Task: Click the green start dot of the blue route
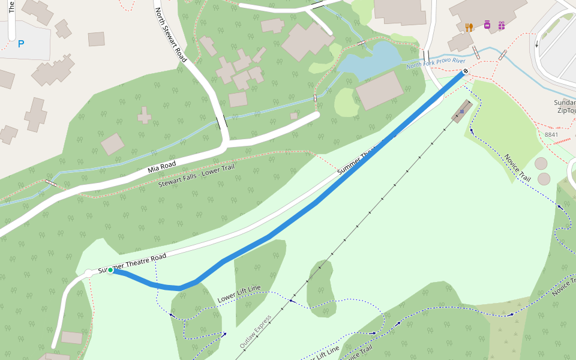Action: pos(110,271)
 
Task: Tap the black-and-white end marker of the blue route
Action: pos(465,71)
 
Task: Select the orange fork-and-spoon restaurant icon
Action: pos(469,27)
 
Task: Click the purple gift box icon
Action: pos(501,25)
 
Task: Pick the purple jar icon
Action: pos(487,25)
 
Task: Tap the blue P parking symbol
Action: pos(21,44)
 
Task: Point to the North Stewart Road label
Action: pos(171,35)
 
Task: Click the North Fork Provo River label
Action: pos(436,63)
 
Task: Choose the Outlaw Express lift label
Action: pos(256,331)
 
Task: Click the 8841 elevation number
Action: pos(551,135)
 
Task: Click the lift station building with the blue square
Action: pos(462,112)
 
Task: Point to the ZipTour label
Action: pos(566,110)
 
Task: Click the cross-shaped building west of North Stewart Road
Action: pos(144,115)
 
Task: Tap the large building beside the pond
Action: pos(379,90)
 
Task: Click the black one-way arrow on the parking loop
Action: pos(536,43)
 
